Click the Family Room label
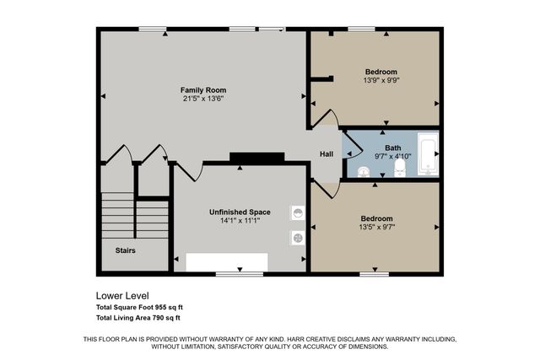click(203, 89)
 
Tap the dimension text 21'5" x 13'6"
click(203, 98)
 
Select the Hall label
click(327, 153)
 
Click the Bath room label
click(393, 148)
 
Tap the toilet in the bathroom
click(400, 170)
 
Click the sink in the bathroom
click(363, 172)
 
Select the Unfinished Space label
click(240, 212)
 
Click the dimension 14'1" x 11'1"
click(240, 221)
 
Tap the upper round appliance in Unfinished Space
click(298, 212)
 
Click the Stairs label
click(125, 250)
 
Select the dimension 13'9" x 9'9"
click(381, 80)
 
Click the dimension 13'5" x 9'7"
click(375, 227)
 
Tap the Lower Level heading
click(122, 296)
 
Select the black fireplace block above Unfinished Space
click(256, 158)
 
